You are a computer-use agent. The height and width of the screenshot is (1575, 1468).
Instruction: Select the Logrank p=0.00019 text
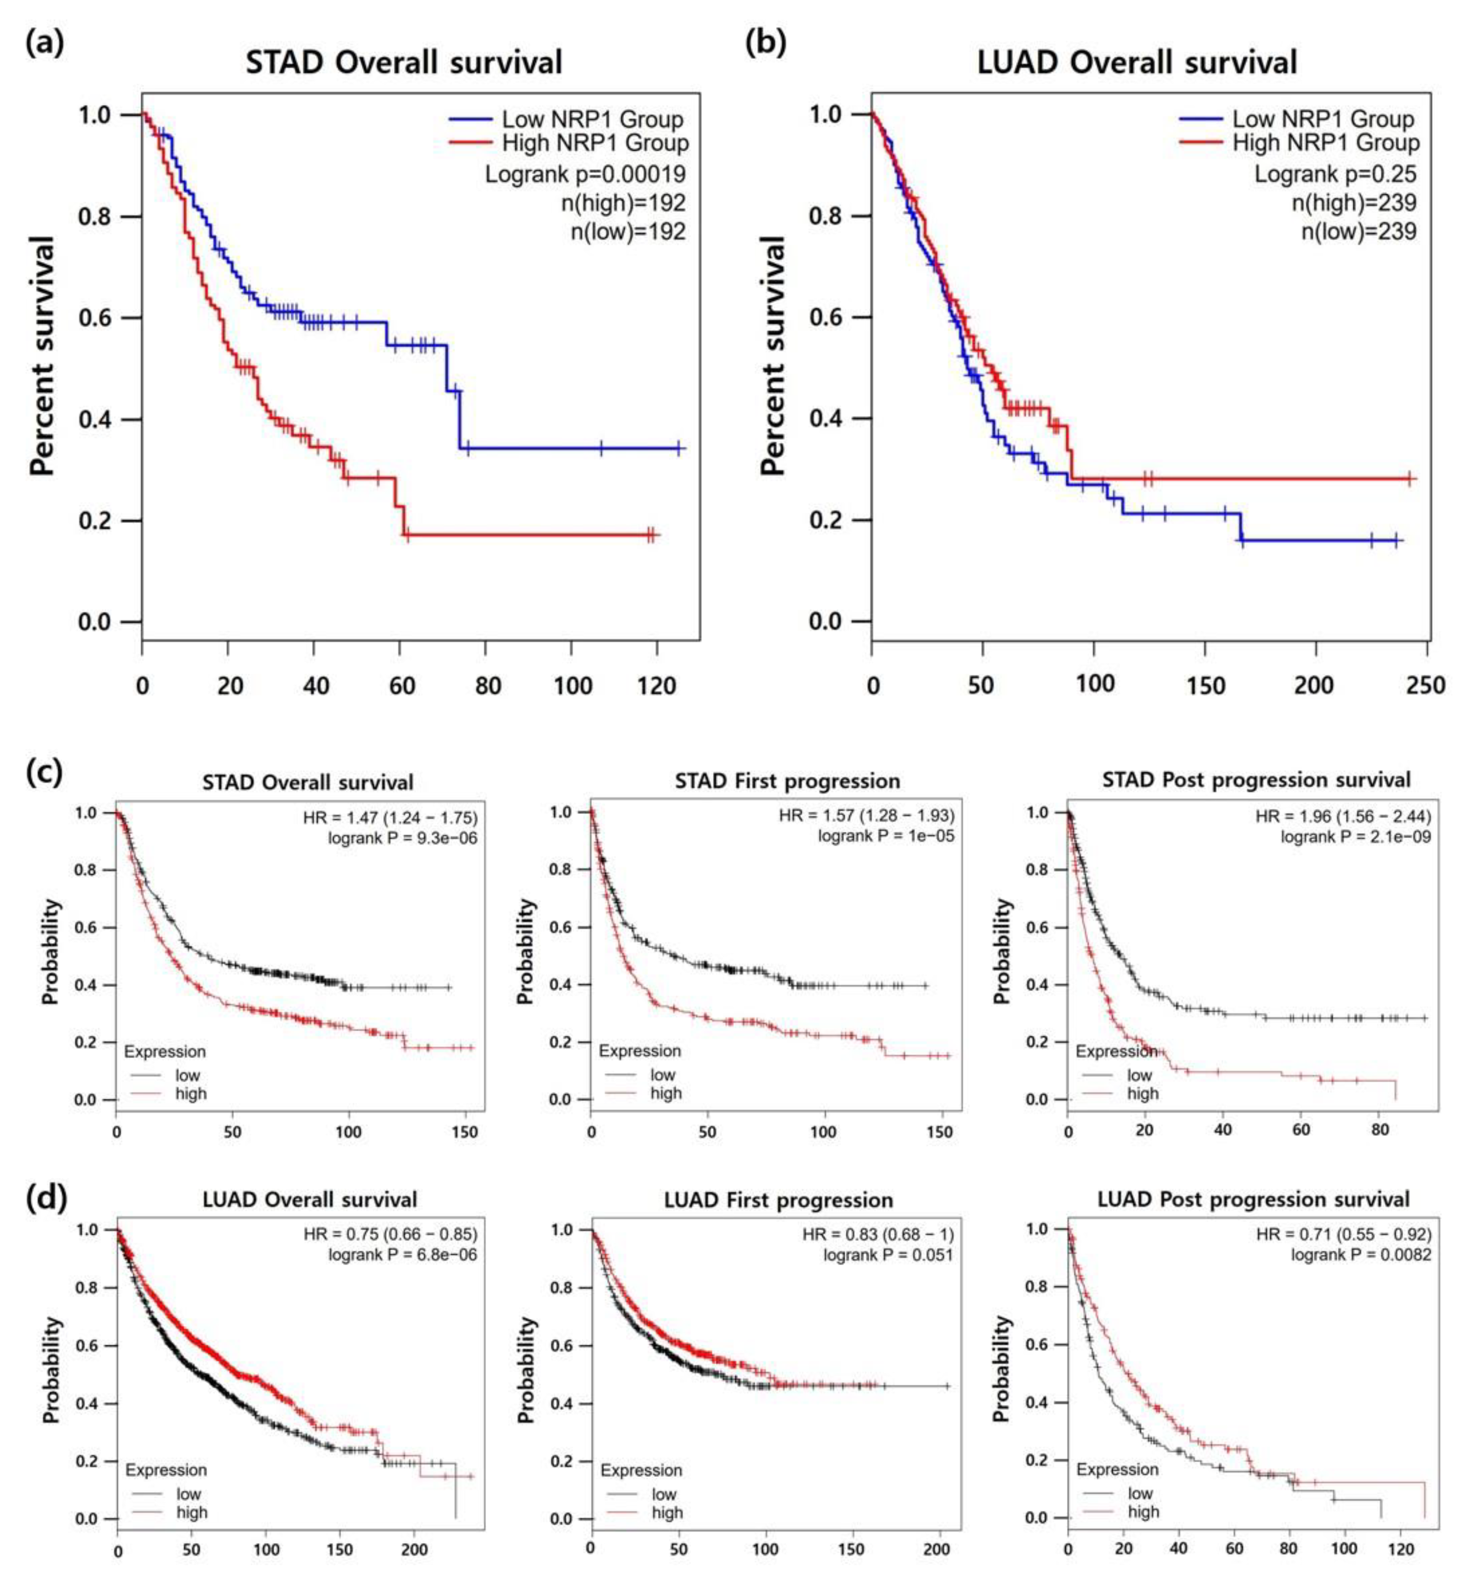click(x=585, y=173)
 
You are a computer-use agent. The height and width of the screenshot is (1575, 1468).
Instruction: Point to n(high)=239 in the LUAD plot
click(x=1354, y=203)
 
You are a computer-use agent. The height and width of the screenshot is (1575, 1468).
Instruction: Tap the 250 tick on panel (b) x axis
click(x=1424, y=684)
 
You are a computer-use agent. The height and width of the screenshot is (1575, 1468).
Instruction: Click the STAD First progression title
click(x=786, y=781)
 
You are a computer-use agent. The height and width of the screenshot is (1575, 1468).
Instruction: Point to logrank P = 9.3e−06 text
click(x=402, y=837)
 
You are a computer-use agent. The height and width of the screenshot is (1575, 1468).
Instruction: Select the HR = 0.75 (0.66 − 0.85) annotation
click(x=390, y=1234)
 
